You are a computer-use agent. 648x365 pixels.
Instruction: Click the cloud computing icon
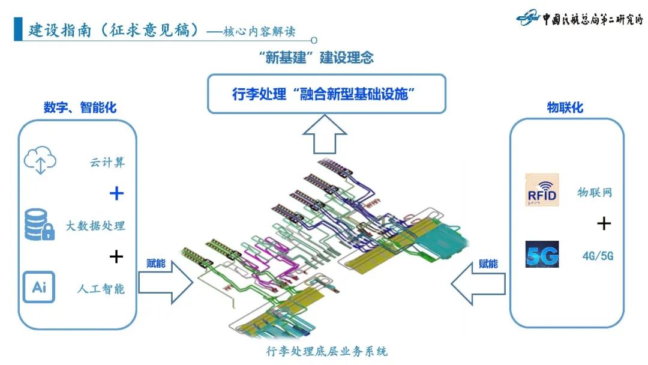coord(40,161)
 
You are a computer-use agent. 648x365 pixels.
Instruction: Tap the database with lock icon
coord(40,225)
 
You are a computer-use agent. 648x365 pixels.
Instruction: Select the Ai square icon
coord(39,287)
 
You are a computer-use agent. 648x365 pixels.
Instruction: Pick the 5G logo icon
coord(541,255)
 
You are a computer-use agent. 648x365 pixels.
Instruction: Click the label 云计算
coord(108,162)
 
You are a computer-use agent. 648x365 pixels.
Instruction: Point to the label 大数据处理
coord(96,226)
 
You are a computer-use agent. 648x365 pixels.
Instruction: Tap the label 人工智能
coord(101,288)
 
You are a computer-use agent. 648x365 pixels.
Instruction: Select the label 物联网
coord(595,193)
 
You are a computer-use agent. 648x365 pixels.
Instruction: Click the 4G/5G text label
coord(598,256)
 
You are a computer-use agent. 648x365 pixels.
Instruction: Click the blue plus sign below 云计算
coord(116,193)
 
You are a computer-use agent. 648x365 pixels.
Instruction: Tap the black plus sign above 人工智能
coord(116,257)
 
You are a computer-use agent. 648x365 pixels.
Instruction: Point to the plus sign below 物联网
coord(604,224)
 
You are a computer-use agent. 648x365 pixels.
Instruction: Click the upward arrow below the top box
coord(325,134)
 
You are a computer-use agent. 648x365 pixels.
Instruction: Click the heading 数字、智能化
coord(80,108)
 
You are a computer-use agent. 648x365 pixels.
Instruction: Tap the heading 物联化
coord(565,108)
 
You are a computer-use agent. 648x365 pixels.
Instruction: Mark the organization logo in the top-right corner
coord(579,19)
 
